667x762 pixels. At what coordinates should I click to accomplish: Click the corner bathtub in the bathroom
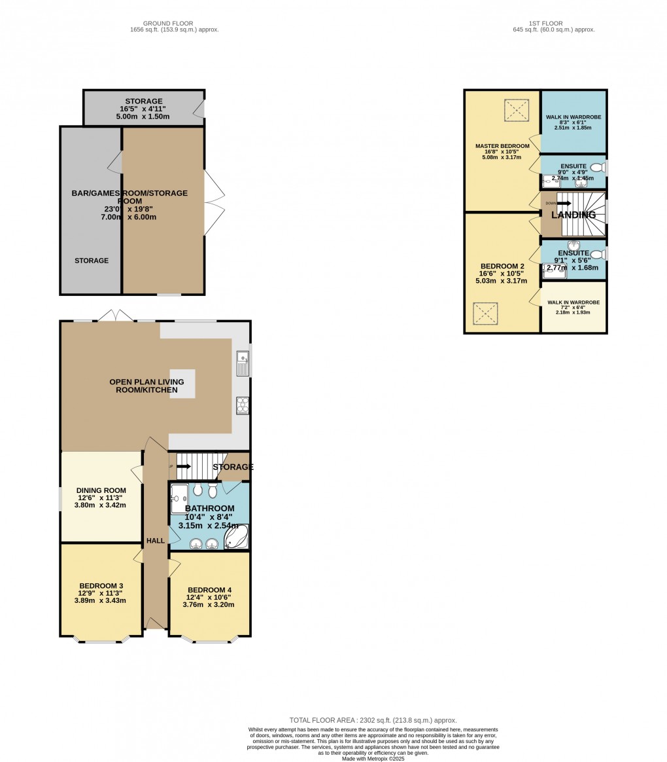pos(236,537)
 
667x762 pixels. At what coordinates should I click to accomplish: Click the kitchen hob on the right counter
pos(242,406)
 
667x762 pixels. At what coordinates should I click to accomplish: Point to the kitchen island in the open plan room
pos(182,383)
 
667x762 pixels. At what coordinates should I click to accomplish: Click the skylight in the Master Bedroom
pos(516,111)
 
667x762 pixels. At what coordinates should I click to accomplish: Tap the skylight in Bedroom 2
pos(487,314)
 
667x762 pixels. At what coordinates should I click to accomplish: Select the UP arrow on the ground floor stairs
pos(182,466)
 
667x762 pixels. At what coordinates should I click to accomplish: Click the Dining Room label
pos(101,490)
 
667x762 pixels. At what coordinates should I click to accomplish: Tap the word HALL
pos(156,540)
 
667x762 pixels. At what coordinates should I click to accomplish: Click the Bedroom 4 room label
pos(209,589)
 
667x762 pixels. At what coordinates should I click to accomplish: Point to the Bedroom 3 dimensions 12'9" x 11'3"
pos(101,593)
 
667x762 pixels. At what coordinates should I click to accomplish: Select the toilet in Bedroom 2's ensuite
pos(596,254)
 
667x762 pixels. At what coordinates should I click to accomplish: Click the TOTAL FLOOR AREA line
pos(373,720)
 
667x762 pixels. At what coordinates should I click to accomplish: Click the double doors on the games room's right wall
pos(214,194)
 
